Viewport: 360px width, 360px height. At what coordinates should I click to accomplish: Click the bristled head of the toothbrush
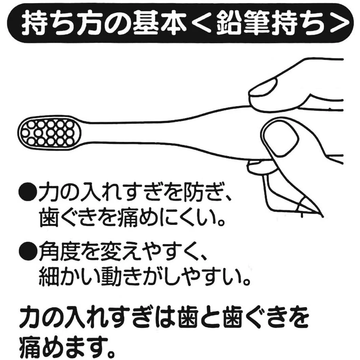pos(50,133)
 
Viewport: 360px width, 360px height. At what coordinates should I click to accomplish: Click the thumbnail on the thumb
pos(281,140)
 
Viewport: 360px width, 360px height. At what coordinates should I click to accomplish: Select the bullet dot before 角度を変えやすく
pos(27,252)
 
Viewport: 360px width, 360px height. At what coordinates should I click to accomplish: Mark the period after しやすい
pos(246,281)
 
